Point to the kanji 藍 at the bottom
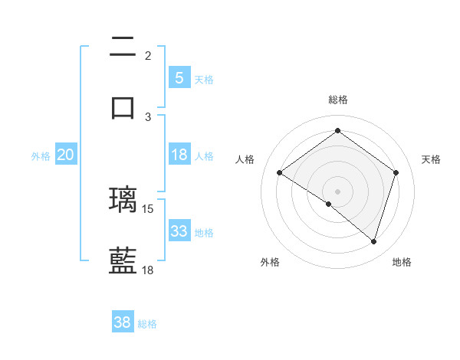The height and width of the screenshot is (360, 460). (x=123, y=260)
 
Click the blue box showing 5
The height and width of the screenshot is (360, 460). (x=179, y=77)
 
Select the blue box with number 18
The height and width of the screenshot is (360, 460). (x=179, y=155)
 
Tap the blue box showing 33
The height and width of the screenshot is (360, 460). (x=179, y=231)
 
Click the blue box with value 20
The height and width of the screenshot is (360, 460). (x=65, y=155)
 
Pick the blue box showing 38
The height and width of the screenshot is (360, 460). (x=123, y=322)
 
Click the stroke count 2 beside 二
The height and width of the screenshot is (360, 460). (x=148, y=55)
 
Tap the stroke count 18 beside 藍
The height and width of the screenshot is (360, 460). (x=148, y=270)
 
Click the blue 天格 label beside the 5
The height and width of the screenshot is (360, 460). (x=204, y=79)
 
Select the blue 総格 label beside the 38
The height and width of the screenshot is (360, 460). (x=147, y=324)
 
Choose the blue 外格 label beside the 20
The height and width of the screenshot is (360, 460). (x=41, y=156)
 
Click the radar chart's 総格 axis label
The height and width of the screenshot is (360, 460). (x=337, y=100)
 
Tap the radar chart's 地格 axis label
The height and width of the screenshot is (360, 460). (x=402, y=263)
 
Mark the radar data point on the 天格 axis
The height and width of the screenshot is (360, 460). (x=396, y=172)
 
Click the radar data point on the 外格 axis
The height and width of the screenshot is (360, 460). (x=329, y=204)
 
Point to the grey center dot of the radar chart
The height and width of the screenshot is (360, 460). (x=337, y=191)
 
